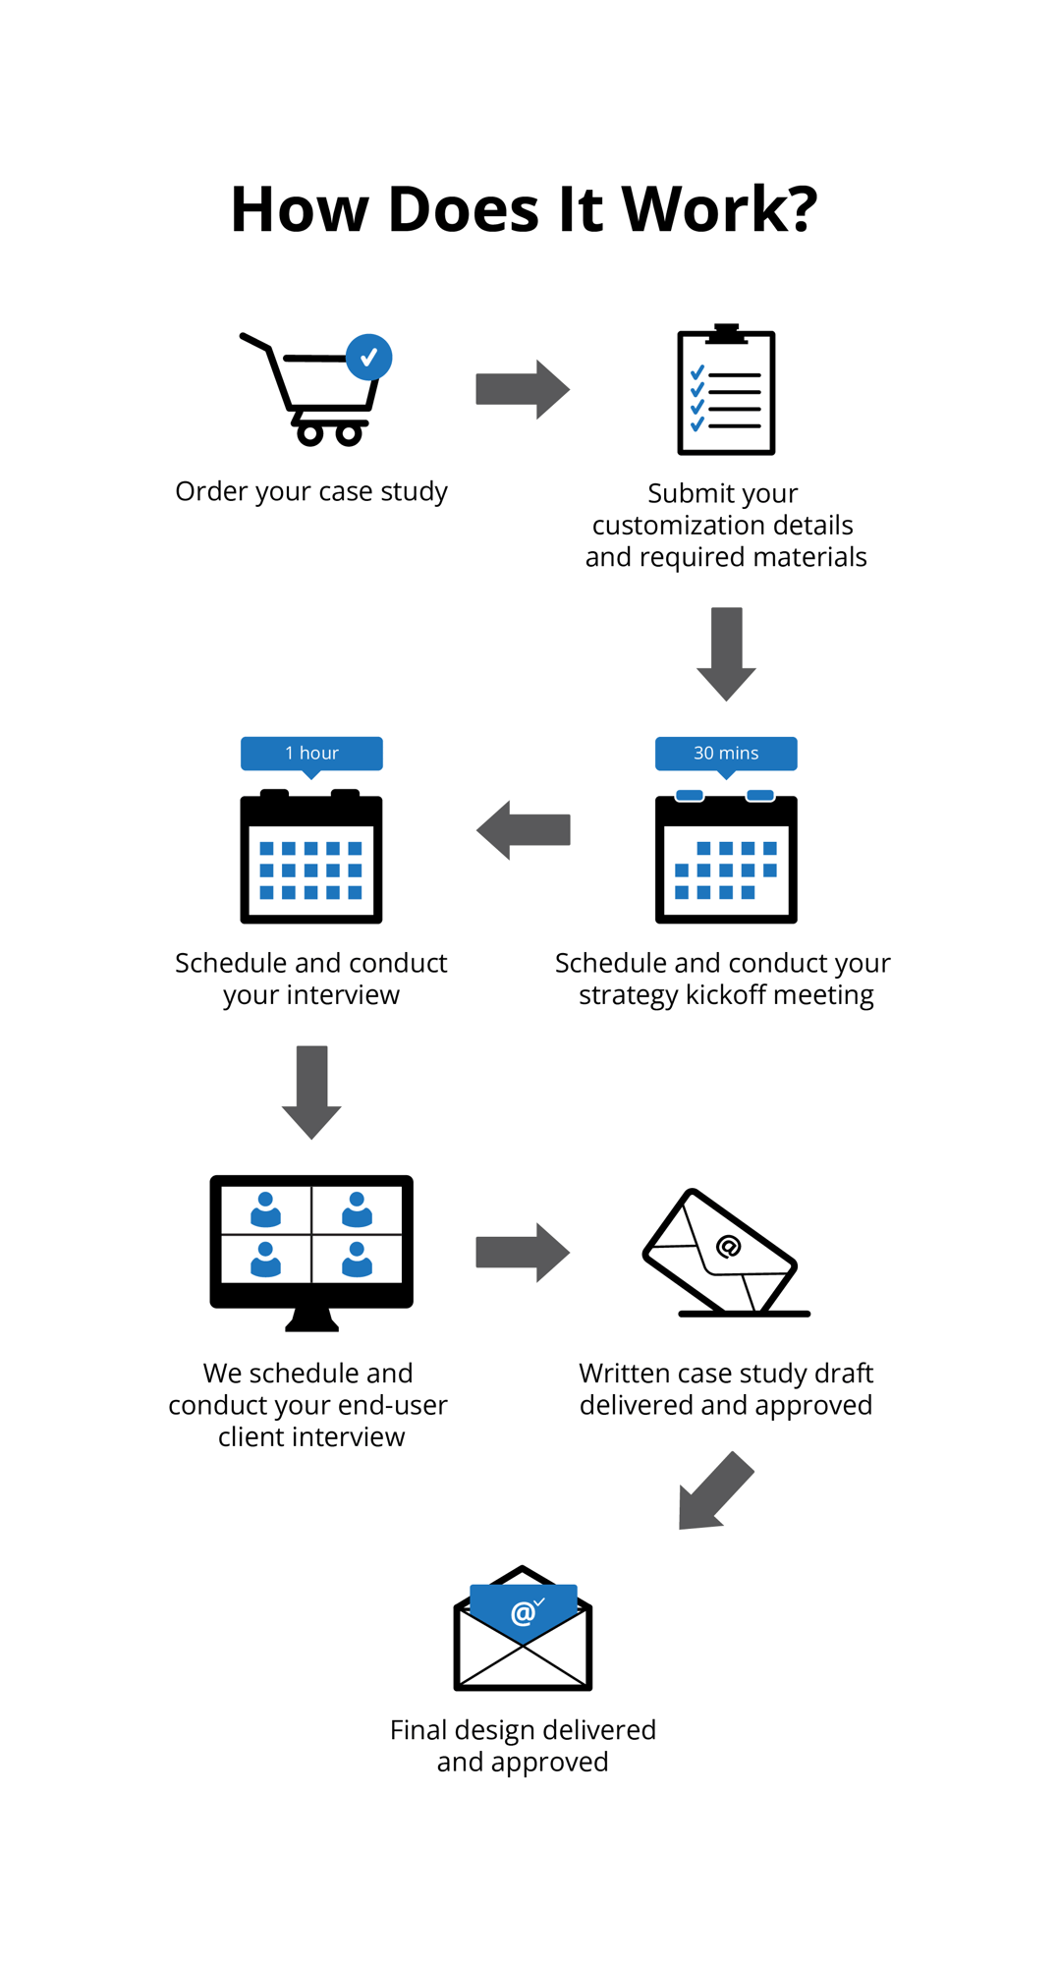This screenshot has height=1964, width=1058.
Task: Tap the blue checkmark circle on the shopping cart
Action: click(x=368, y=358)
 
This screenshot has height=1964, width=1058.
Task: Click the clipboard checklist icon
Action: click(x=726, y=391)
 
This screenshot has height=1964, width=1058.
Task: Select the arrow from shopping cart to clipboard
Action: click(x=522, y=389)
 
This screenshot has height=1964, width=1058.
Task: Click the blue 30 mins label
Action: click(x=726, y=753)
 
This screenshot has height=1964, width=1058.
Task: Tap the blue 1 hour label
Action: click(x=311, y=753)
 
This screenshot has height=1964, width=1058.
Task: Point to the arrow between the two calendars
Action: click(x=523, y=829)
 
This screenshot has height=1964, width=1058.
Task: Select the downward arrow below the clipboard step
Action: click(x=726, y=652)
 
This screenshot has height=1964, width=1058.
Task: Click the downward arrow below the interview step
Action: click(x=311, y=1091)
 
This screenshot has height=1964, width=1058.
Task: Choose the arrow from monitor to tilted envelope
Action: click(x=522, y=1252)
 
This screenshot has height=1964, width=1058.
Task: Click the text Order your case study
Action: click(x=311, y=491)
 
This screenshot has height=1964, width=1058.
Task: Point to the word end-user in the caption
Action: click(x=392, y=1405)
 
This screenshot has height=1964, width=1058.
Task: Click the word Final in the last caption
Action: click(x=418, y=1729)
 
